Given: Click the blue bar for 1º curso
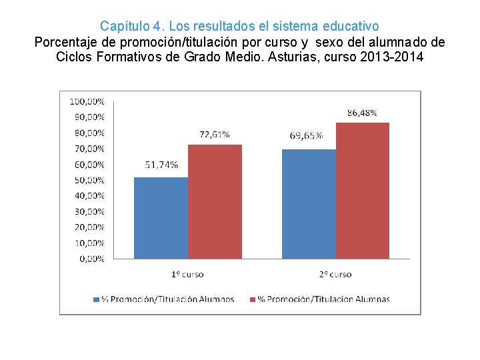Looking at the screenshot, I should pos(161,217).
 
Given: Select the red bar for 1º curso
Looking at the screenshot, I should pos(215,201).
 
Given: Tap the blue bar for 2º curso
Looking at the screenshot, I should pos(309,203).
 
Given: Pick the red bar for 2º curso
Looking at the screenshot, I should pos(363,191).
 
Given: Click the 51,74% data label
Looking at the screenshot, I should pos(161,165).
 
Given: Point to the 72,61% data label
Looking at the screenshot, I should pos(215,134).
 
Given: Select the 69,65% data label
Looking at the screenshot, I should pos(307,136).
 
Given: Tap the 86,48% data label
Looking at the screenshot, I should pos(362,113).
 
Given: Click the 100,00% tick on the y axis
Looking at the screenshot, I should pos(87,101).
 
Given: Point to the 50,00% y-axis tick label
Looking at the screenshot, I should pos(89,180).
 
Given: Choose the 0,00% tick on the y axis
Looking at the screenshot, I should pos(91,259).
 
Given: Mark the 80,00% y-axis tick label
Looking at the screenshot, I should pos(89,133).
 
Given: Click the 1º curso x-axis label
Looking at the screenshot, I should pos(187,274).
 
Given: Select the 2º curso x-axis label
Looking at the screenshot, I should pos(335,274).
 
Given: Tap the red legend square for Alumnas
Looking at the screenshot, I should pos(251,299).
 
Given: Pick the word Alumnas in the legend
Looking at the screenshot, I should pos(373,299).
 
